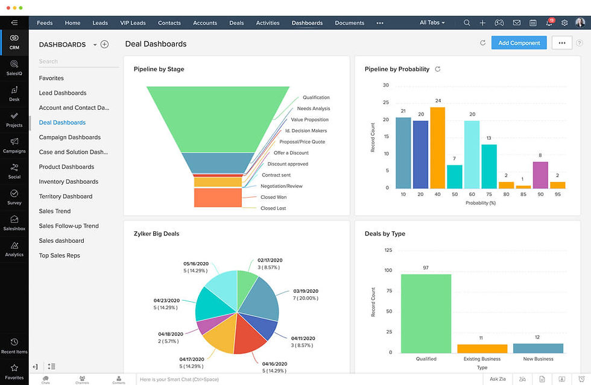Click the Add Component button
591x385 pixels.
coord(519,43)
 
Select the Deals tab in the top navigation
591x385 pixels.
coord(236,23)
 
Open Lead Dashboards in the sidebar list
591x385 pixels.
coord(63,93)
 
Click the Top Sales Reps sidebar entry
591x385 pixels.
coord(60,255)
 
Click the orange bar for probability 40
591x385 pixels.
coord(437,148)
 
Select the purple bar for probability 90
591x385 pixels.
coord(540,175)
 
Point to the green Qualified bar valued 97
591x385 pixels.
coord(426,313)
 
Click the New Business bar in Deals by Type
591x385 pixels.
coord(538,348)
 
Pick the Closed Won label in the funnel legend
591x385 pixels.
coord(273,197)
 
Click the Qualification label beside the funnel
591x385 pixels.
coord(316,98)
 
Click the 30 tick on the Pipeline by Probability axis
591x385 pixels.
coord(385,86)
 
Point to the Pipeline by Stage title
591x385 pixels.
coord(159,69)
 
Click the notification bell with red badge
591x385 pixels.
coord(549,23)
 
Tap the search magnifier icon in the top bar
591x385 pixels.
coord(467,23)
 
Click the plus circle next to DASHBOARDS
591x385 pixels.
coord(104,45)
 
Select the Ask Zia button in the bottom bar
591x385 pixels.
coord(498,379)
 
